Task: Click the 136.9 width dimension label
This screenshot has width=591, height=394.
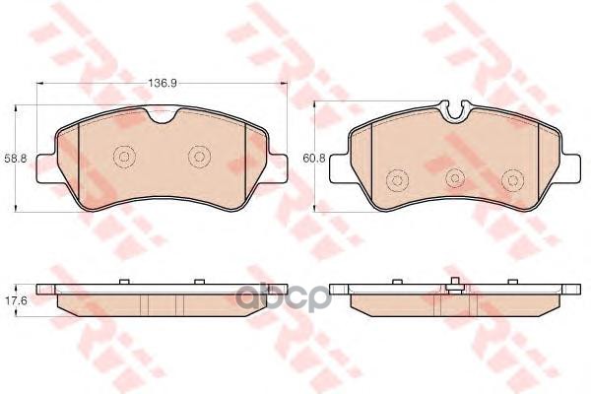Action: point(163,83)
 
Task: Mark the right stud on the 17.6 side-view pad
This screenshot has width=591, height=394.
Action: point(198,282)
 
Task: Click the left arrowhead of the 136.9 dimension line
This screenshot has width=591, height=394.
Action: point(53,90)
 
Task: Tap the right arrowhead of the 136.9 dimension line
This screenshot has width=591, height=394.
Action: point(272,90)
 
